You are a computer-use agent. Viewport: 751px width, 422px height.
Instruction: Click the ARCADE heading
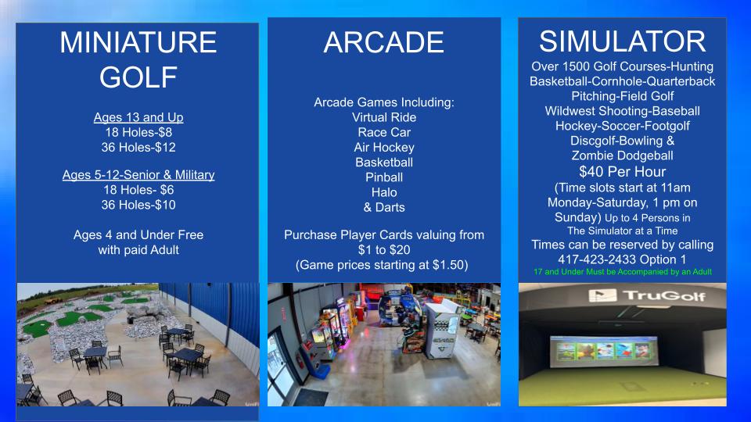[383, 42]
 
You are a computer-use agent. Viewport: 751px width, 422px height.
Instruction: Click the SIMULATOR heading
[622, 41]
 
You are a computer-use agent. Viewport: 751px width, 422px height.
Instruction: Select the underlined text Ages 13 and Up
[138, 117]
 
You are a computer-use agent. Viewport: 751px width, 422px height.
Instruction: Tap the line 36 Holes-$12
[138, 147]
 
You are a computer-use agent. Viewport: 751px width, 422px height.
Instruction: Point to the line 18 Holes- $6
[138, 190]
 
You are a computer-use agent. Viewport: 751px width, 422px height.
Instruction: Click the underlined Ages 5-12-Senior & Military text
[138, 174]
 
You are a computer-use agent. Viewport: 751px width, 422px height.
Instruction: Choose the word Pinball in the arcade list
[384, 177]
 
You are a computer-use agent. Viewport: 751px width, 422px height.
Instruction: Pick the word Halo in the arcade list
[384, 192]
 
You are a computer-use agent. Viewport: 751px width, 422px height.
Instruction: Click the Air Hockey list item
[384, 148]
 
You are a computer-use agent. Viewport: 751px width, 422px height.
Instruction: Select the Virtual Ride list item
[384, 117]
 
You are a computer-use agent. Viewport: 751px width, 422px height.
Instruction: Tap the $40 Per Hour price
[622, 171]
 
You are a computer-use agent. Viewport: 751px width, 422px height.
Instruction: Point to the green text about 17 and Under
[623, 272]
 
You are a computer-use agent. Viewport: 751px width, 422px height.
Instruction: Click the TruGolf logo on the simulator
[647, 295]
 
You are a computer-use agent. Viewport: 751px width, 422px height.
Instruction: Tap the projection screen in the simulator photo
[604, 352]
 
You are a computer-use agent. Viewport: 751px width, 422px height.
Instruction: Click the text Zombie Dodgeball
[622, 156]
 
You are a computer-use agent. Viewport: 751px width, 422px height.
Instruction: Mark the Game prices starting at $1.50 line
[382, 265]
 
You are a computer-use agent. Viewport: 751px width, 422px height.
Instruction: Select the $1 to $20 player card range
[384, 250]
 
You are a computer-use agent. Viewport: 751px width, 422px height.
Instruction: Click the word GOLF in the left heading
[138, 77]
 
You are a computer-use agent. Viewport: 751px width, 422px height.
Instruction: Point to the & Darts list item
[384, 207]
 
